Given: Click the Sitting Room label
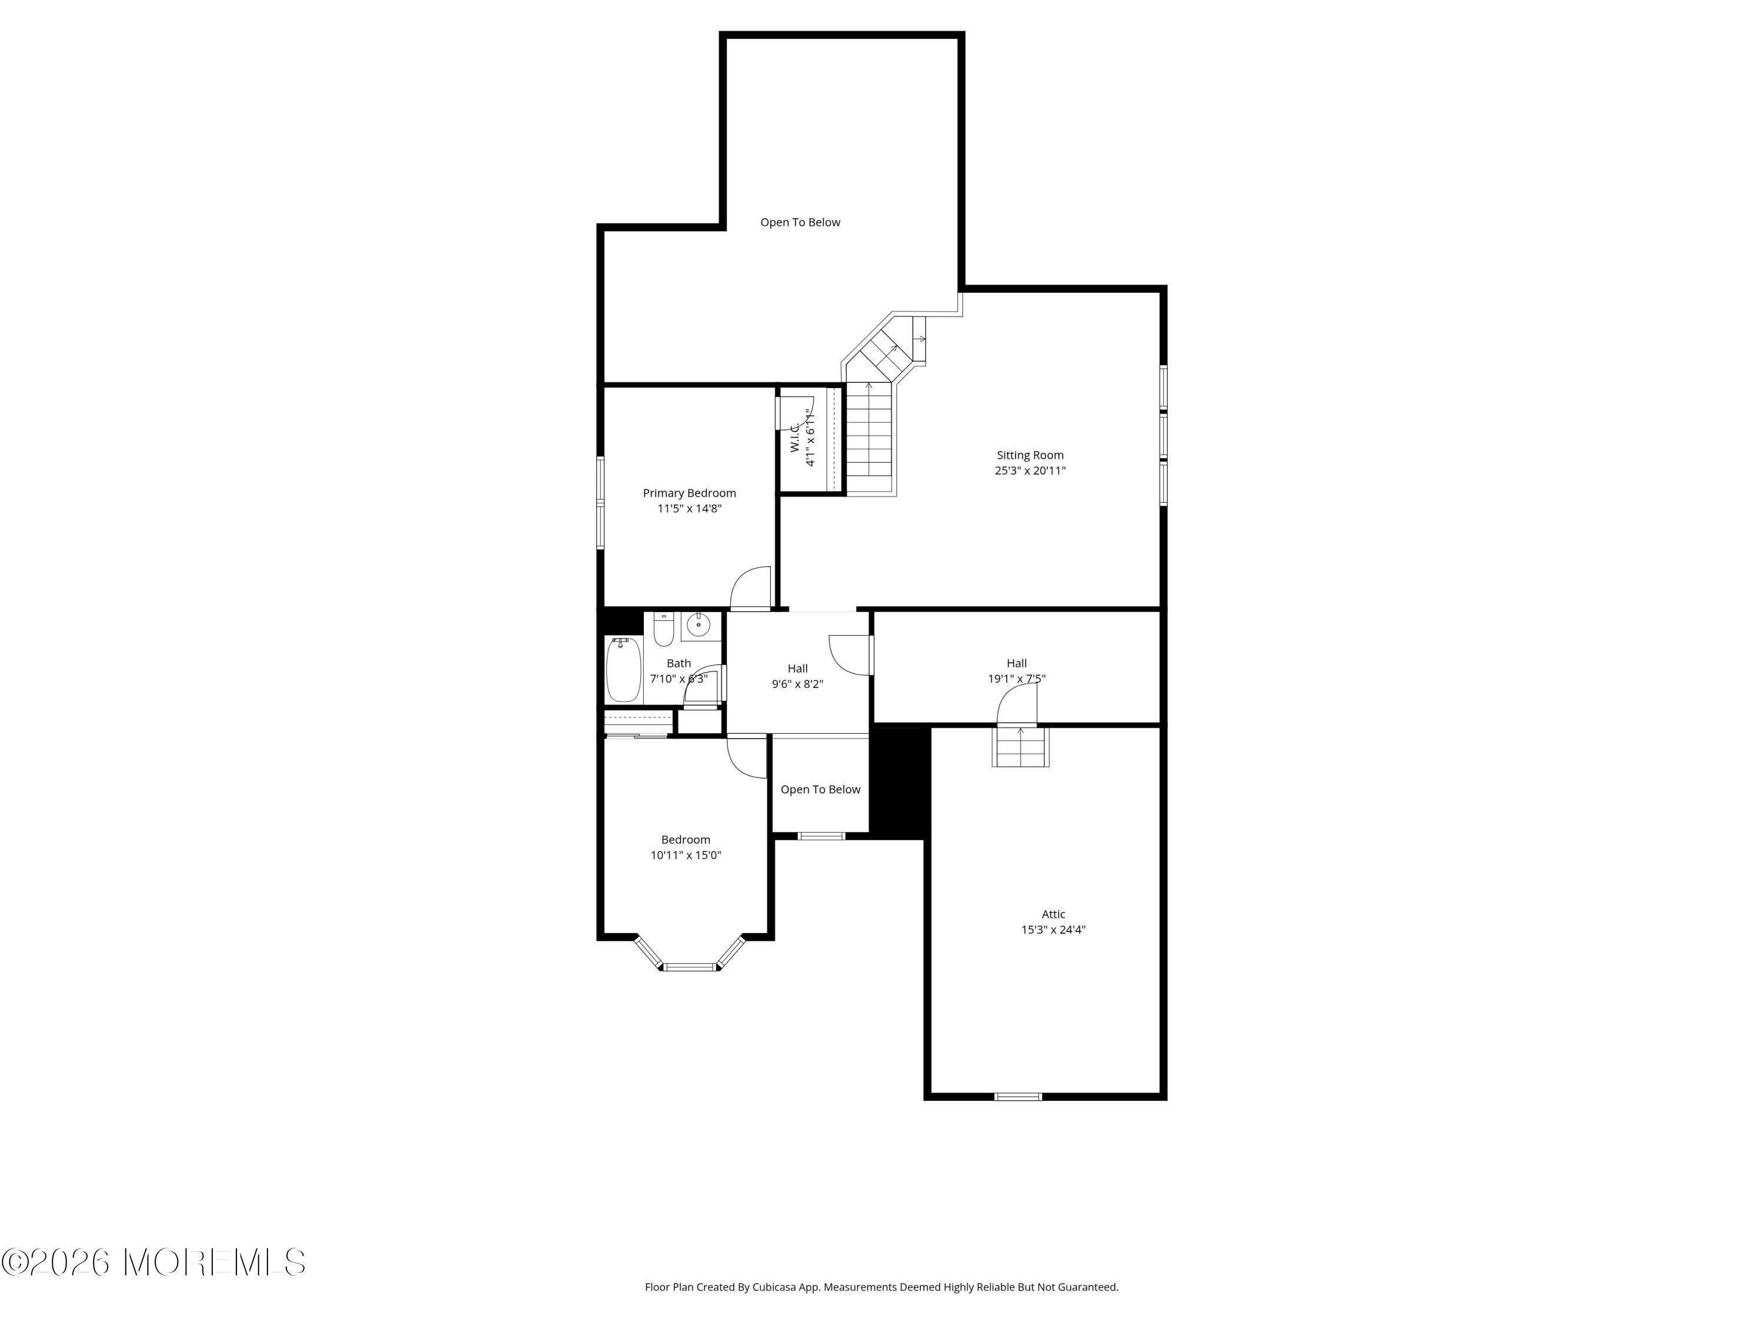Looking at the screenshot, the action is click(1030, 455).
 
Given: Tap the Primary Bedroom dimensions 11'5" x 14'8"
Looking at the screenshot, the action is click(689, 509).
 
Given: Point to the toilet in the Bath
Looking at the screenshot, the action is click(663, 629).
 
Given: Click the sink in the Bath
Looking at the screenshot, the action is click(699, 624).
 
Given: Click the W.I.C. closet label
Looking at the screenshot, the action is click(795, 438).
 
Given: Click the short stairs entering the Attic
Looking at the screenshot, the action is click(1020, 746).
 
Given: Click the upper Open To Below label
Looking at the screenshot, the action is click(800, 222).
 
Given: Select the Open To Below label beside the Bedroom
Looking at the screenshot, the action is click(820, 790).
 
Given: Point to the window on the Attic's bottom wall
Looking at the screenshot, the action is click(1018, 1097).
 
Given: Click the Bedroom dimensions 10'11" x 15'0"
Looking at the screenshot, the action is click(686, 856).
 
